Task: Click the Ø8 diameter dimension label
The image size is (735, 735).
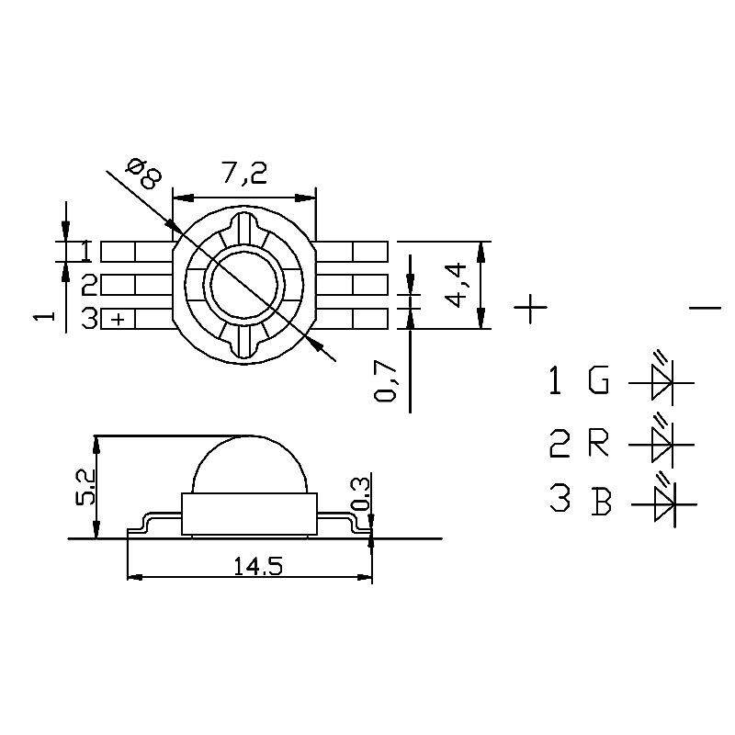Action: click(x=144, y=174)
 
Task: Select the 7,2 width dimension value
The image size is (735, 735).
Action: click(x=244, y=173)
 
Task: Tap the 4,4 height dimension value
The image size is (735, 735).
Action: click(x=456, y=285)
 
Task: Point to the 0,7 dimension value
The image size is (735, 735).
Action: click(x=386, y=381)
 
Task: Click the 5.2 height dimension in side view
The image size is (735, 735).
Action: click(x=85, y=487)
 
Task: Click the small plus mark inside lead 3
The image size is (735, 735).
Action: click(x=119, y=319)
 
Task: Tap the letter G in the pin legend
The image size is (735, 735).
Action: click(x=599, y=379)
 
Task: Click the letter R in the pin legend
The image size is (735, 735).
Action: click(x=599, y=443)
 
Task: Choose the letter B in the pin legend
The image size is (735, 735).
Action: click(x=602, y=502)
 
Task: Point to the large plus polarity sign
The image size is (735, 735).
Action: click(x=530, y=308)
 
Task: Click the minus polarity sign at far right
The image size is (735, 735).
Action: click(x=705, y=308)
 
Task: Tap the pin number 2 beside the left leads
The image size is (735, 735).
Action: click(x=89, y=285)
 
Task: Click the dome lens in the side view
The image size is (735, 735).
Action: click(x=249, y=462)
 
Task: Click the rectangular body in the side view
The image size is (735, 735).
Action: click(x=249, y=514)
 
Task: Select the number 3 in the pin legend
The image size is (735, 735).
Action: click(x=560, y=498)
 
